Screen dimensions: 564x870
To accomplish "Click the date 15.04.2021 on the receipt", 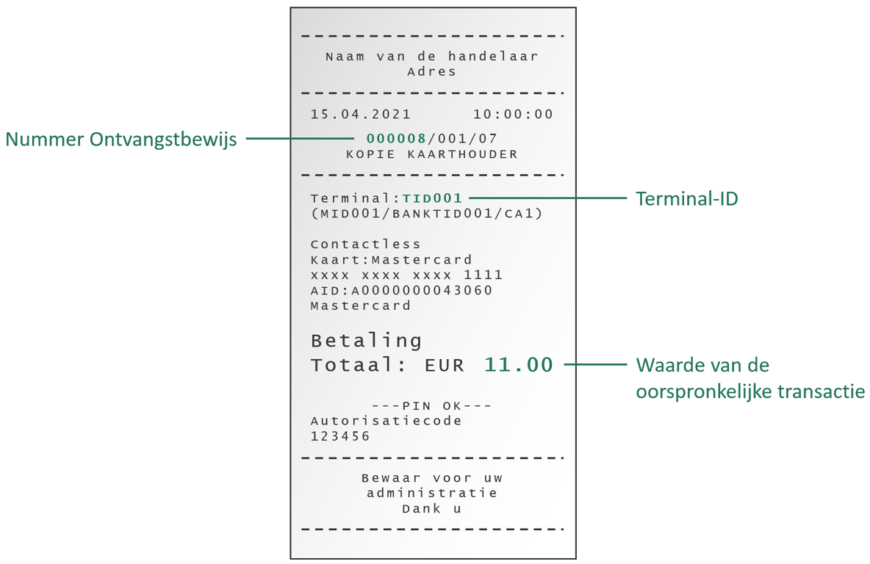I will point(361,115).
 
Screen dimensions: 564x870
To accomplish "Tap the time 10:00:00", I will point(513,115).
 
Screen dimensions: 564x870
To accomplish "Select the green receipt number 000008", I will point(397,138).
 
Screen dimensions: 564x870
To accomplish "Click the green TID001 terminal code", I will point(433,198).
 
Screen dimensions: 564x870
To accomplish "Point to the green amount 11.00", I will point(519,364).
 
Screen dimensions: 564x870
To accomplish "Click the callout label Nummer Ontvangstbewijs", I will point(121,139).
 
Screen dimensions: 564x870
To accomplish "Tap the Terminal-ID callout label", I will point(686,198).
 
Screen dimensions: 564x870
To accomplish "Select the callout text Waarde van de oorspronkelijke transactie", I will point(749,378).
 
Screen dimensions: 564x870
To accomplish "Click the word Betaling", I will point(367,341).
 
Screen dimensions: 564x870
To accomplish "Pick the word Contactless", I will point(366,245).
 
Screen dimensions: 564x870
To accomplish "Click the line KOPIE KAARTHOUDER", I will point(432,154).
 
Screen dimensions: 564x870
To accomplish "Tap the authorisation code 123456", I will point(340,436).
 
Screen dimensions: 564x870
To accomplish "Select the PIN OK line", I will point(432,406).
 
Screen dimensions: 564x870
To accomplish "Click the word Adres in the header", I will point(432,72).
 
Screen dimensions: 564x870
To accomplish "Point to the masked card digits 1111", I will point(483,275).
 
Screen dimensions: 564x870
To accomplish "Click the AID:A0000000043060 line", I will point(401,291).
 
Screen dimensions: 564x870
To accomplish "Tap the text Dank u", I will point(432,508).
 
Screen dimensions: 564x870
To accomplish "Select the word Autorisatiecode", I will point(387,421).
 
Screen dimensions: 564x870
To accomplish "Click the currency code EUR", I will point(445,365).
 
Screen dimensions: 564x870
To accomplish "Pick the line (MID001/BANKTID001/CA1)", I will point(427,214).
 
